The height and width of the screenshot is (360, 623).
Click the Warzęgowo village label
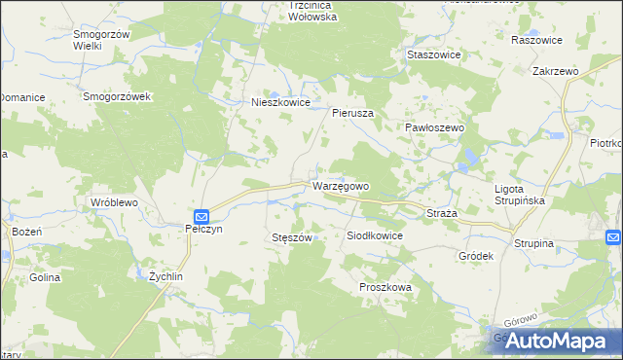(340, 185)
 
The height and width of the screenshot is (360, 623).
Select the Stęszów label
(291, 236)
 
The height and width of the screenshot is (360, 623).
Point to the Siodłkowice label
(375, 235)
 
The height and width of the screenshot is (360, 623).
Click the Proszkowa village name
(385, 288)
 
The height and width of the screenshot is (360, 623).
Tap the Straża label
(436, 211)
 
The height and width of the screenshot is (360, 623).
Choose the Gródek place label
(476, 256)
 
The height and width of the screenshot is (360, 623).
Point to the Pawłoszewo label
(435, 127)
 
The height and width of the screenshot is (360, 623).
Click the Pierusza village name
(353, 113)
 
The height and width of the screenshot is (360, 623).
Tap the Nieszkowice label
(280, 101)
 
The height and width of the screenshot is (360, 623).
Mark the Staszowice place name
(433, 55)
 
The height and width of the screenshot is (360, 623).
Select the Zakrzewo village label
(556, 72)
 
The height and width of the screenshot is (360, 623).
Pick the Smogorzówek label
(115, 97)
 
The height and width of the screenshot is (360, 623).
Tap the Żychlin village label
(165, 276)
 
